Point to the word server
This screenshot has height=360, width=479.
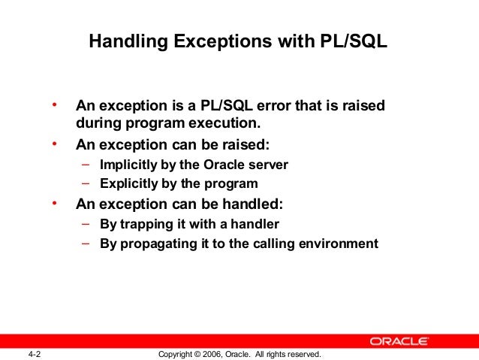[269, 165]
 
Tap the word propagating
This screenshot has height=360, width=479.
[164, 244]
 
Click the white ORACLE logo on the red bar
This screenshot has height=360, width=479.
[399, 341]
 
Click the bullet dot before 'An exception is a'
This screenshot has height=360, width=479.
[54, 104]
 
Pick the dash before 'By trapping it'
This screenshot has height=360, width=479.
[85, 223]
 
